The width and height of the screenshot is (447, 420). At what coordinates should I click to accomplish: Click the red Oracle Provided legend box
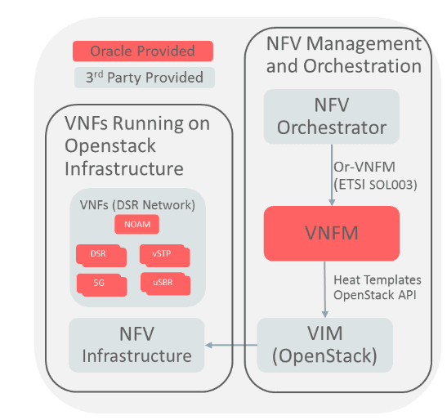click(142, 51)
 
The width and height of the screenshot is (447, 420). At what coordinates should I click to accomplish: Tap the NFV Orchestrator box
click(331, 116)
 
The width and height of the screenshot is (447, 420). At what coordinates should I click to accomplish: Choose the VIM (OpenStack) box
click(325, 345)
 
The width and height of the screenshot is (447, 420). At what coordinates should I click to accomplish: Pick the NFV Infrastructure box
click(136, 345)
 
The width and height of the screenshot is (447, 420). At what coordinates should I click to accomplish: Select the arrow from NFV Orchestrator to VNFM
click(331, 173)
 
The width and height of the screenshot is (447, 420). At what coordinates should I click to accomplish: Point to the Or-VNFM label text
click(361, 166)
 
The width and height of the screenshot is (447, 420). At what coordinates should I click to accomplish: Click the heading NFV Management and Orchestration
click(343, 53)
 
